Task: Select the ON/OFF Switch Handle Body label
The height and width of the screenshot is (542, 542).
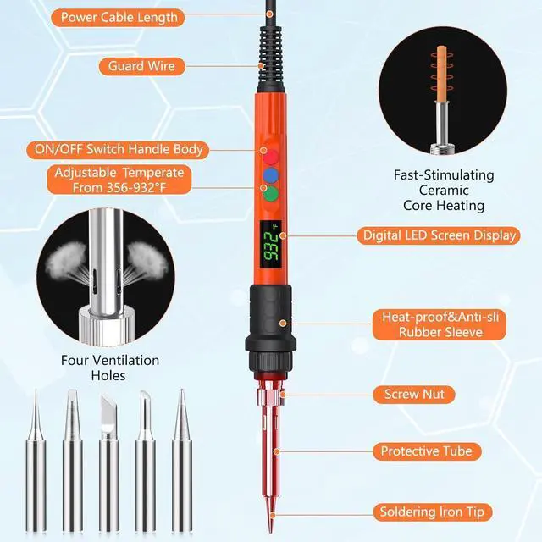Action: pos(118,149)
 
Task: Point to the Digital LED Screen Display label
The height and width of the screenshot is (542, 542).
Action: pos(439,235)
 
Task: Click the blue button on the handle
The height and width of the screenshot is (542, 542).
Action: pos(270,175)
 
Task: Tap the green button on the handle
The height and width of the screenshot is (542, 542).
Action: pos(270,194)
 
